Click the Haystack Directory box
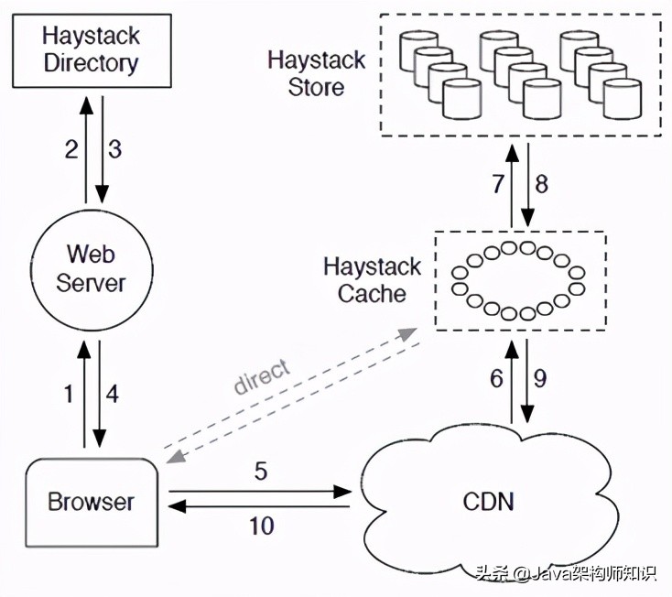91,50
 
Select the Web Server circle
91,267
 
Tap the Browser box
91,501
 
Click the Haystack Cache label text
372,280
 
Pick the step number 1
67,395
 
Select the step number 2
71,149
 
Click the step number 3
115,149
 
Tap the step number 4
113,395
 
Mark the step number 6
496,378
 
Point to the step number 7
498,184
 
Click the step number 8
541,184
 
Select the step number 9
540,378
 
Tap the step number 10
260,526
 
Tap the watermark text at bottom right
565,574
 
